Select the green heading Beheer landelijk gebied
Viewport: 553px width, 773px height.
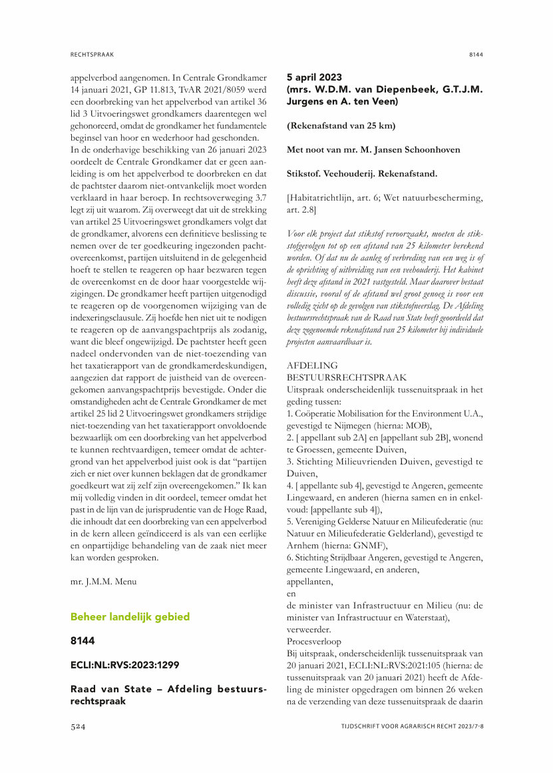pyautogui.click(x=130, y=617)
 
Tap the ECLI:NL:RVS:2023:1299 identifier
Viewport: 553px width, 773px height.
pyautogui.click(x=125, y=664)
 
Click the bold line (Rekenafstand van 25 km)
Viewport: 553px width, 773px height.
pyautogui.click(x=341, y=126)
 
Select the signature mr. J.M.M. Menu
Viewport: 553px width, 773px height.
pyautogui.click(x=103, y=582)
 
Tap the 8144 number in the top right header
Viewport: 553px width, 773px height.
pyautogui.click(x=475, y=53)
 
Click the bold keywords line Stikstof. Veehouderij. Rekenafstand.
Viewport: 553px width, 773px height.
pyautogui.click(x=362, y=174)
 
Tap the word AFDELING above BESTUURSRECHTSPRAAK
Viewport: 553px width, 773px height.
pyautogui.click(x=311, y=365)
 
